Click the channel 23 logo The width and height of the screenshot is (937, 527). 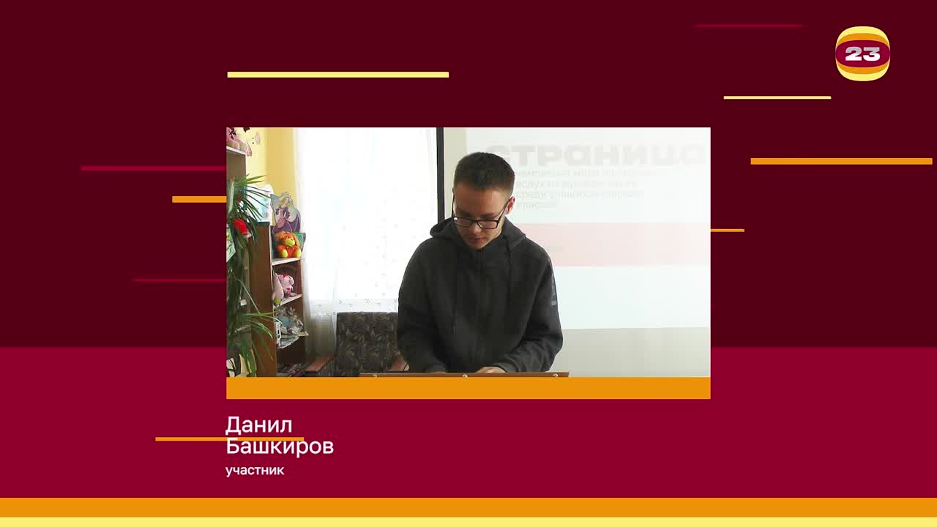coord(862,53)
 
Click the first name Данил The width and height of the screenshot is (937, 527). coord(259,425)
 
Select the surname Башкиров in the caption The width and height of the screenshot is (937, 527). coord(280,446)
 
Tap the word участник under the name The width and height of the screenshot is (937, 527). coord(255,471)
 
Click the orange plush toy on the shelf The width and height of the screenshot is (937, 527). coord(287,245)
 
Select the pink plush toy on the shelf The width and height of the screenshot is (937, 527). coord(285,285)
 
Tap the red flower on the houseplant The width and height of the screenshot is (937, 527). coord(241,227)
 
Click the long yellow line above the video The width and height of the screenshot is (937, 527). coord(338,74)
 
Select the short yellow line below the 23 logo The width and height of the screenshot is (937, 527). coord(777,97)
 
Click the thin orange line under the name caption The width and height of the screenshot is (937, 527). coord(190,439)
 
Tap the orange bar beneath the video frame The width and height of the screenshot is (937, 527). coord(468,388)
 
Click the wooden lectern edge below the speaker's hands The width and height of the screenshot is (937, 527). coord(463,375)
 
